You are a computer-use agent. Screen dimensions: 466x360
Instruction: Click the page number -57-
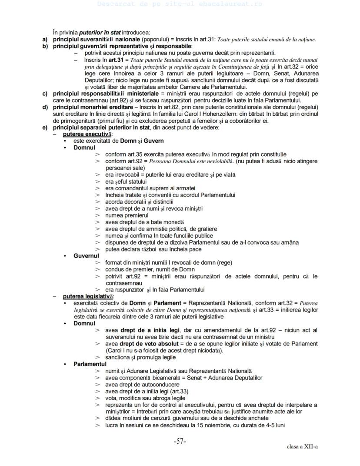click(x=180, y=441)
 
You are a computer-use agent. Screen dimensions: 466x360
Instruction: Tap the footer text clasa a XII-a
click(x=302, y=447)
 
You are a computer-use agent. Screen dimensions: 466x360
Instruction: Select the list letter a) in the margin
click(x=45, y=40)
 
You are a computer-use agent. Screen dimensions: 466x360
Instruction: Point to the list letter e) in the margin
click(x=45, y=127)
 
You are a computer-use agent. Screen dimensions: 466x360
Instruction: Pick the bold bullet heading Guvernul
click(x=86, y=256)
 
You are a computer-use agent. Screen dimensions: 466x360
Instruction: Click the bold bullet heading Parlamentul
click(x=90, y=364)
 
